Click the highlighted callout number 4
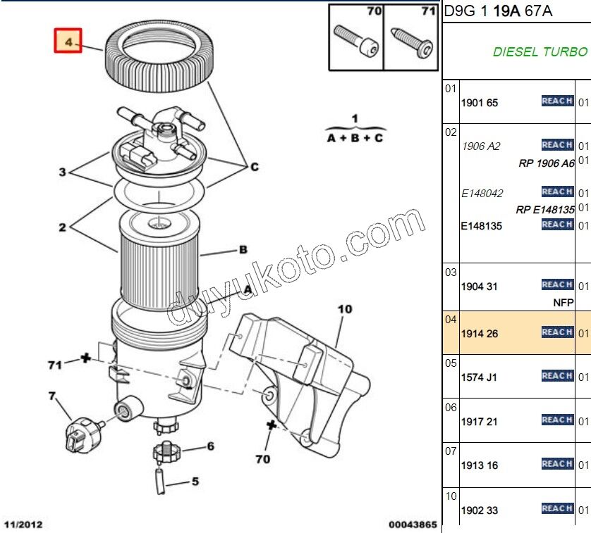tap(68, 42)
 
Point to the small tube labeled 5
tap(161, 483)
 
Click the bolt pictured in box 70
tap(356, 42)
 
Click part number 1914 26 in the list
tap(480, 334)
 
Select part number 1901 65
tap(480, 103)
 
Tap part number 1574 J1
tap(479, 377)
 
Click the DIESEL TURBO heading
tap(540, 52)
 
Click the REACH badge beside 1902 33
tap(557, 508)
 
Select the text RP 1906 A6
tap(547, 163)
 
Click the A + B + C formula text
tap(355, 138)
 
